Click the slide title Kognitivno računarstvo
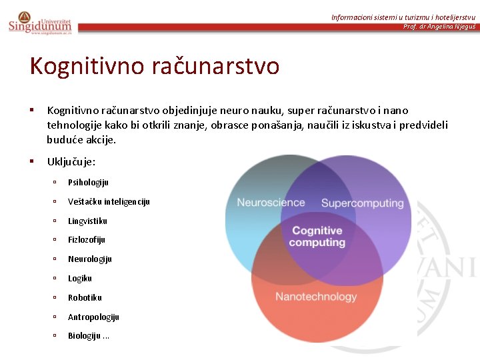pos(154,66)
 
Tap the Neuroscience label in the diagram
pos(271,203)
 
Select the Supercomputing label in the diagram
pos(363,203)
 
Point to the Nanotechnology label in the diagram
pos(316,297)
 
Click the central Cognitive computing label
pos(317,237)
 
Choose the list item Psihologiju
pos(88,183)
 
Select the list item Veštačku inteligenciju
pos(109,201)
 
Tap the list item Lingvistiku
pos(87,221)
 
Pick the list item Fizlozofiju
pos(87,240)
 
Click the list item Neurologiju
pos(89,259)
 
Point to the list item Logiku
pos(80,278)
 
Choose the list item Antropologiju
pos(93,317)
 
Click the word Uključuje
pos(71,162)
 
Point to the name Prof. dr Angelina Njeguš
pos(439,27)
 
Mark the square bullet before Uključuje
pos(31,161)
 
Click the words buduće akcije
pos(81,140)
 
